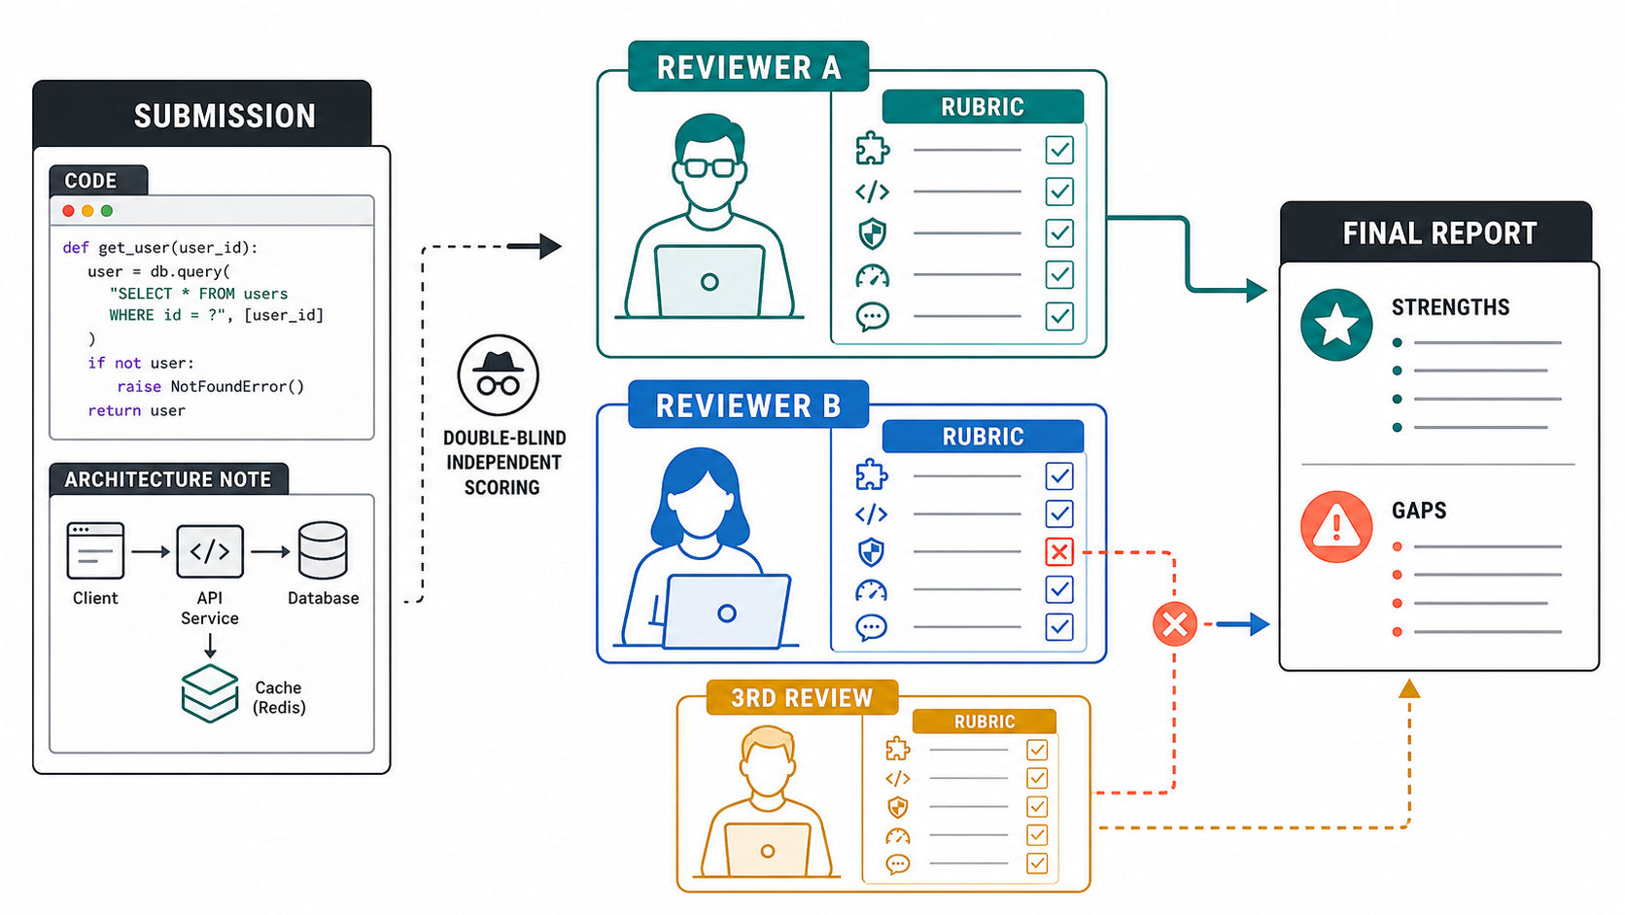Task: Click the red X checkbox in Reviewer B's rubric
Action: coord(1059,552)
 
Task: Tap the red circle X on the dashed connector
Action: coord(1174,624)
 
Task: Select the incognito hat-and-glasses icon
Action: coord(499,374)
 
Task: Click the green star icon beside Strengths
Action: coord(1336,325)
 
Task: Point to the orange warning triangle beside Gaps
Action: coord(1336,527)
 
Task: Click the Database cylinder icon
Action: coord(323,550)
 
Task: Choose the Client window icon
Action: coord(95,550)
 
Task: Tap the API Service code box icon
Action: coord(210,551)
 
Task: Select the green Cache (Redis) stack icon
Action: coord(210,693)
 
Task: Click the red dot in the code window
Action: coord(68,210)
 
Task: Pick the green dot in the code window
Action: coord(107,210)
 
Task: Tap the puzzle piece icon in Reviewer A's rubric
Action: coord(872,150)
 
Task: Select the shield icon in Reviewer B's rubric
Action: coord(871,552)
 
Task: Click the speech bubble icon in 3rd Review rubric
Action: coord(897,864)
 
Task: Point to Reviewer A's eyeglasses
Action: coord(709,168)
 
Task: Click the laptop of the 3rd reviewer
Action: coord(768,849)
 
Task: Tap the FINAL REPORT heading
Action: coord(1439,233)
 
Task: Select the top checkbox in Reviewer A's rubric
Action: coord(1059,150)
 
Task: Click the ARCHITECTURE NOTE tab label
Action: coord(167,479)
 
